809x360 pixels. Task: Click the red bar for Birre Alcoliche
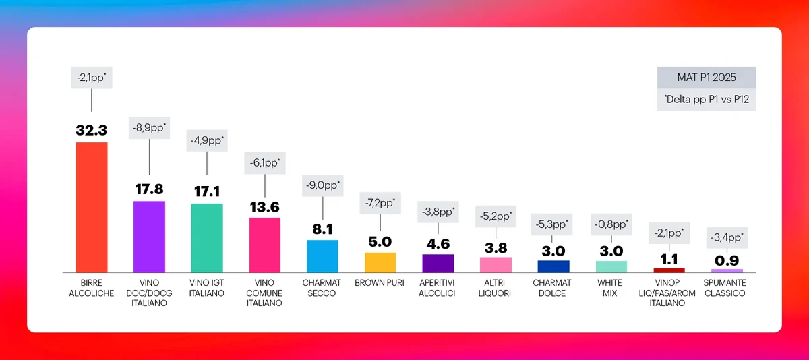pos(91,206)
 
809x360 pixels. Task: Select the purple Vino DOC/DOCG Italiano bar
pos(149,236)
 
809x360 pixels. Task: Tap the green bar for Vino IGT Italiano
pos(207,237)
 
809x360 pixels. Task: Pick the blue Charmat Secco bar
pos(322,256)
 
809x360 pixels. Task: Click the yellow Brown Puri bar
pos(380,262)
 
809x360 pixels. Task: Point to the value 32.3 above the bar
pos(91,130)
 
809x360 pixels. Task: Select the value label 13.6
pos(264,206)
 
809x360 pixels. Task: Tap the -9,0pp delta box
pos(322,185)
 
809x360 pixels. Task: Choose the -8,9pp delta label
pos(149,127)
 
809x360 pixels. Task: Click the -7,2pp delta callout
pos(380,202)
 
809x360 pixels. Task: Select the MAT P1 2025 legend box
pos(707,78)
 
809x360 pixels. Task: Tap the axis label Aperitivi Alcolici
pos(438,288)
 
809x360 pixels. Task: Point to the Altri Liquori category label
pos(496,288)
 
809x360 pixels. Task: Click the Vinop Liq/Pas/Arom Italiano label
pos(669,293)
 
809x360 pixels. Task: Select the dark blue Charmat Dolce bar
pos(553,266)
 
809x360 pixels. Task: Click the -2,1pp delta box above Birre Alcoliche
pos(91,77)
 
